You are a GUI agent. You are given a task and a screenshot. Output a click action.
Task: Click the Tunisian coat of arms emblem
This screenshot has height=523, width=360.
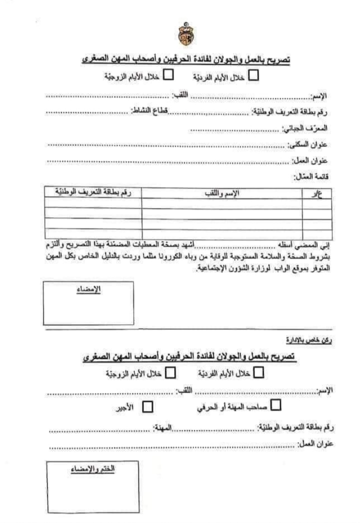184,33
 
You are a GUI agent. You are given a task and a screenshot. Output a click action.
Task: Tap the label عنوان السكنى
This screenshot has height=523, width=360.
308,145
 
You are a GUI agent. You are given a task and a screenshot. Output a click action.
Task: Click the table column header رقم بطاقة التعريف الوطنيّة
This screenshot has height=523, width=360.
92,192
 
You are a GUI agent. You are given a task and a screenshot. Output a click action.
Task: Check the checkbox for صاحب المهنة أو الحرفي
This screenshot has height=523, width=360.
275,406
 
